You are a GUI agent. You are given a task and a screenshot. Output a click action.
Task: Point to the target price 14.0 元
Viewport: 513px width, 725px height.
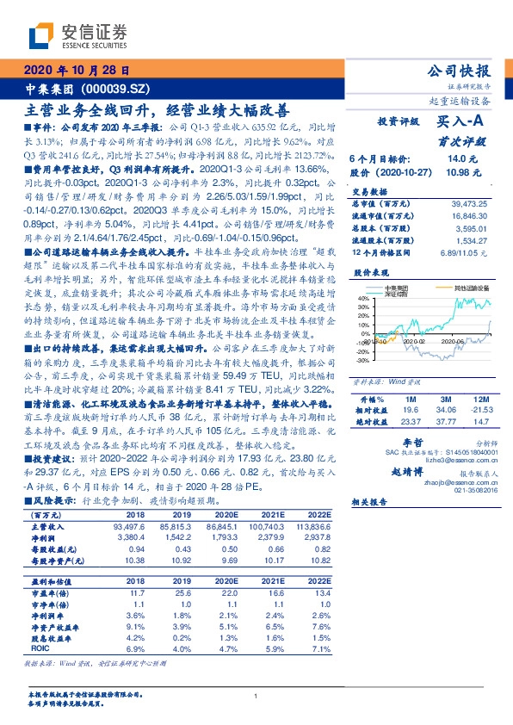pos(456,159)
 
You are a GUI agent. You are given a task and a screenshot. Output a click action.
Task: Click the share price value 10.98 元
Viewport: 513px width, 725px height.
pos(457,173)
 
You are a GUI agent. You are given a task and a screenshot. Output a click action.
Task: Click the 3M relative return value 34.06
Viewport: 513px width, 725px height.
pos(444,410)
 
